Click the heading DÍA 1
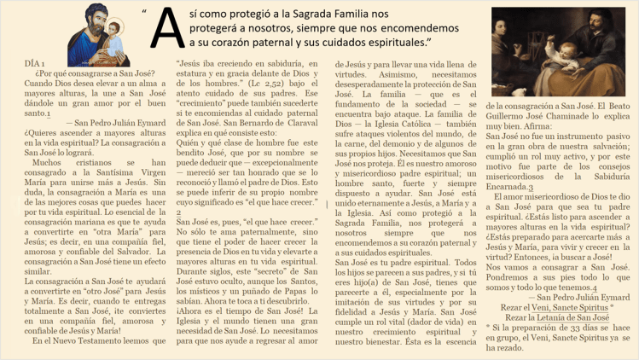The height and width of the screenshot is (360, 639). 35,65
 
